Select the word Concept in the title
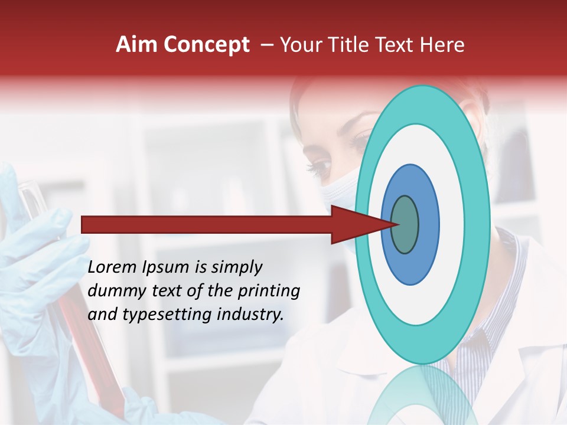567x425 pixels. [206, 45]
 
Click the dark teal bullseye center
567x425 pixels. [405, 224]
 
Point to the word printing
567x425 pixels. [271, 292]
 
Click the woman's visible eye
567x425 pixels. [322, 168]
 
